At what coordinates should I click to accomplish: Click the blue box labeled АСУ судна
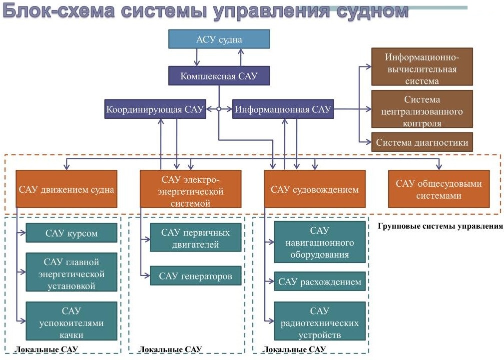pos(219,39)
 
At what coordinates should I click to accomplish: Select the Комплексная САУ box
pos(219,76)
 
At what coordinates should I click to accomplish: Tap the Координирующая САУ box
pos(155,109)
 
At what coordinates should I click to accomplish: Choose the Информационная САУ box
pos(283,109)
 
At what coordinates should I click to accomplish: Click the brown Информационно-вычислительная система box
pos(422,66)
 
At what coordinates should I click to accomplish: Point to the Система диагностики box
pos(422,142)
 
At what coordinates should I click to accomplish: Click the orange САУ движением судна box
pos(66,189)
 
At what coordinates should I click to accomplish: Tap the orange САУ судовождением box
pos(314,189)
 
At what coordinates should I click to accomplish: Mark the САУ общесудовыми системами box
pos(439,189)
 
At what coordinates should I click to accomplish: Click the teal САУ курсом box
pos(71,233)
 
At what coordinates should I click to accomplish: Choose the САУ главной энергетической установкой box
pos(71,274)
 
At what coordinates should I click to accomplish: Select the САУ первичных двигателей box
pos(195,238)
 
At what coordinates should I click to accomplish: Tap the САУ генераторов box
pos(195,276)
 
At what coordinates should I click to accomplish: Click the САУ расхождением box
pos(320,282)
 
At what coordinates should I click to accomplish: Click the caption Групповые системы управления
pos(440,226)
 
